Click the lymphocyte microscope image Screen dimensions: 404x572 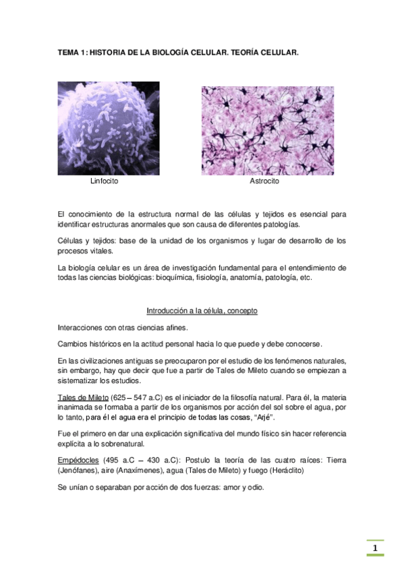tap(109, 128)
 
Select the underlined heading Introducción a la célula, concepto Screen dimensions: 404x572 tap(202, 311)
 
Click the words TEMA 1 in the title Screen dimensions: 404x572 tap(71, 51)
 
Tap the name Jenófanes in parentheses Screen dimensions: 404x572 tap(81, 470)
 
